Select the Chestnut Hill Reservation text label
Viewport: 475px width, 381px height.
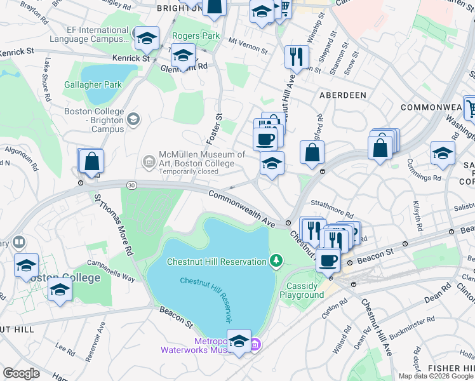click(217, 262)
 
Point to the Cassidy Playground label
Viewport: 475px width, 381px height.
click(302, 290)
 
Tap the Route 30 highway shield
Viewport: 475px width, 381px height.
click(131, 185)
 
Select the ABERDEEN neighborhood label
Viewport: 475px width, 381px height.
click(343, 95)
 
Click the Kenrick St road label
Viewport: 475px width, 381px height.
click(130, 58)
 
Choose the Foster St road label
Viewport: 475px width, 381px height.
click(215, 128)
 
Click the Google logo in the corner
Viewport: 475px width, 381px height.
click(22, 373)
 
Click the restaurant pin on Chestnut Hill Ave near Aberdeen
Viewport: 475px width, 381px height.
click(296, 57)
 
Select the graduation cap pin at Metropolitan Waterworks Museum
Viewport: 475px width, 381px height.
click(239, 341)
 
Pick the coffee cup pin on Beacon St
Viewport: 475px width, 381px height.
click(328, 260)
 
